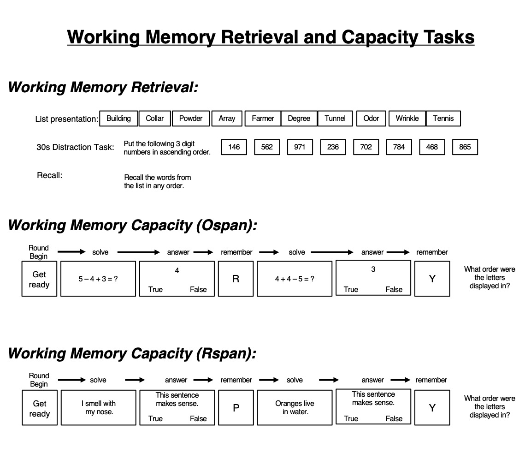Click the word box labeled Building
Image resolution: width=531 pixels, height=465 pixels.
point(118,118)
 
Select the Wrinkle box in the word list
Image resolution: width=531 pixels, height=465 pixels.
point(407,118)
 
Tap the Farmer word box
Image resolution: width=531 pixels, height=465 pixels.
point(263,118)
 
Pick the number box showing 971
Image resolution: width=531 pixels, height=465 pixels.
point(300,147)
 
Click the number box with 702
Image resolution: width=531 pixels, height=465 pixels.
point(366,147)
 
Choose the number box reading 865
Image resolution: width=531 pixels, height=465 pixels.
point(465,147)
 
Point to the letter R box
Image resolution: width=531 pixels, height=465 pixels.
point(236,279)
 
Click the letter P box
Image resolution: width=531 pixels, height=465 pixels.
point(236,408)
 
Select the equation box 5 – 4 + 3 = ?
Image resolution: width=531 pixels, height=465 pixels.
point(98,279)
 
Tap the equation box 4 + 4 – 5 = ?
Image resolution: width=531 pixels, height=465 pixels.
point(295,279)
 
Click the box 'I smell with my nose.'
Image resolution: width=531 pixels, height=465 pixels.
point(99,408)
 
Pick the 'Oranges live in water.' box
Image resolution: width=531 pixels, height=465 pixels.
point(295,408)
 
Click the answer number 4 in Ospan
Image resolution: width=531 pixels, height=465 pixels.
point(177,270)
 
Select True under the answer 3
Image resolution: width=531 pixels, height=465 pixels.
point(351,289)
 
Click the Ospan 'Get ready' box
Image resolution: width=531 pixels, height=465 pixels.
point(39,279)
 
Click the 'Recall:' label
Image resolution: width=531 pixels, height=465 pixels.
point(49,175)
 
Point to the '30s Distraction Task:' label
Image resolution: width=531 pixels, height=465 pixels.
point(75,147)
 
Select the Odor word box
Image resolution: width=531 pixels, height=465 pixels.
point(371,118)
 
